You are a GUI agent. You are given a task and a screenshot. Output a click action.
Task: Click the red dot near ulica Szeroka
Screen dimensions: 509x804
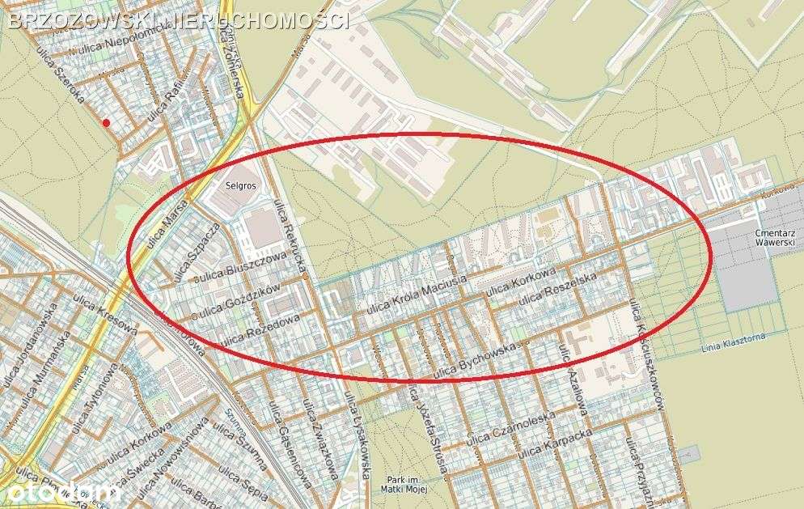pos(107,122)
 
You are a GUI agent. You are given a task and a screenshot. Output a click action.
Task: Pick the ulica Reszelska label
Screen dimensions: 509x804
pos(557,290)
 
